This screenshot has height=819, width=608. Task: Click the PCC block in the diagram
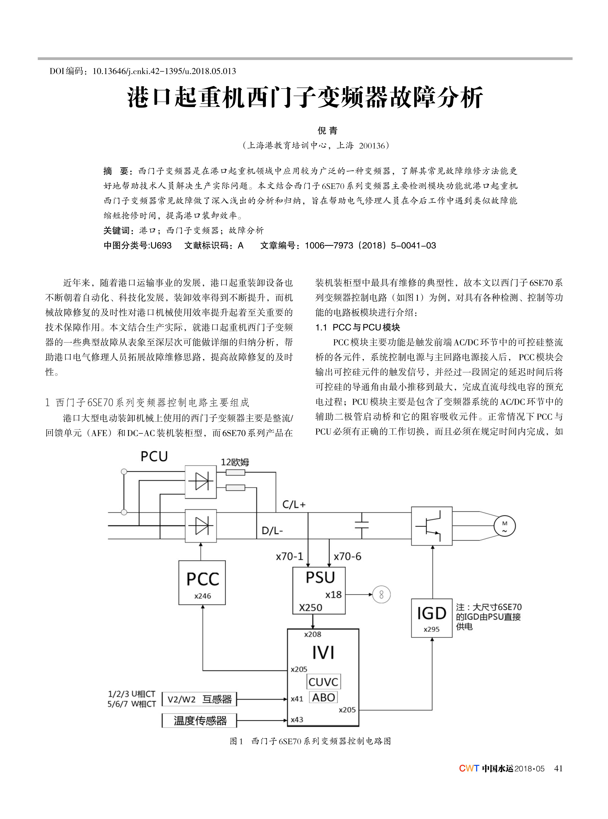tap(202, 582)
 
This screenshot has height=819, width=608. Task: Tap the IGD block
tap(431, 618)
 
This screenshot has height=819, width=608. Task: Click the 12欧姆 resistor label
tap(235, 462)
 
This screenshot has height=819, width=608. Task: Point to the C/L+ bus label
tap(294, 504)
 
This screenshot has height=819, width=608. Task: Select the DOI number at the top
tap(164, 71)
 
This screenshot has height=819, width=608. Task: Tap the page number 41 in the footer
tap(558, 768)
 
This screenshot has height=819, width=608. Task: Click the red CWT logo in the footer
tap(469, 768)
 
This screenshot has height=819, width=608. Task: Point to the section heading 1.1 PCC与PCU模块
tap(358, 327)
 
